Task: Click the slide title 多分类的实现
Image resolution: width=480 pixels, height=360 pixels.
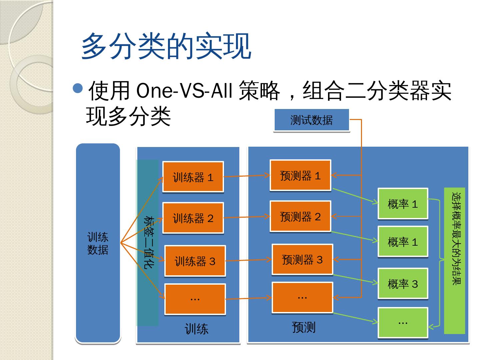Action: (166, 46)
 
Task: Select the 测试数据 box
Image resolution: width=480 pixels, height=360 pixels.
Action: (311, 120)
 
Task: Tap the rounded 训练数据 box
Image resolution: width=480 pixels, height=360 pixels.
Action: (98, 243)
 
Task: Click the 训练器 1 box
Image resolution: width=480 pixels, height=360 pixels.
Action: (193, 177)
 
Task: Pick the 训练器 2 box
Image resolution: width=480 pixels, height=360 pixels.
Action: (193, 218)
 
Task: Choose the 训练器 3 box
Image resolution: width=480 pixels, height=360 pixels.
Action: (195, 261)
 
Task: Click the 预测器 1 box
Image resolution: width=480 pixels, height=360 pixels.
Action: (300, 175)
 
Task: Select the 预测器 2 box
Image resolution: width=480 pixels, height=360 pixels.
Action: (300, 216)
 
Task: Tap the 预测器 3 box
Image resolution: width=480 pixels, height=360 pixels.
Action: (302, 259)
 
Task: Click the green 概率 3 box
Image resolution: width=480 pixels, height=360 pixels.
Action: (403, 284)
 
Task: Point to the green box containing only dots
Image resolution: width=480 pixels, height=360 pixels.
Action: (403, 322)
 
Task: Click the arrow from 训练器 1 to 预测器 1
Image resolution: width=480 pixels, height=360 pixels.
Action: (247, 176)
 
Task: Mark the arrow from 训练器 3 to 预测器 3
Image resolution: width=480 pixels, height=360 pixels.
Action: (249, 260)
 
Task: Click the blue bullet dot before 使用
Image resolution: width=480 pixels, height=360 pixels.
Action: (78, 88)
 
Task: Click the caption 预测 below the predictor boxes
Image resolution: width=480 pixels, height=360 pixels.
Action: (303, 327)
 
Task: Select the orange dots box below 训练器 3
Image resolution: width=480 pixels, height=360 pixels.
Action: (195, 299)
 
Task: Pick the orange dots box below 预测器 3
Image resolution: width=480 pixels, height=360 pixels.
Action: (302, 297)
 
